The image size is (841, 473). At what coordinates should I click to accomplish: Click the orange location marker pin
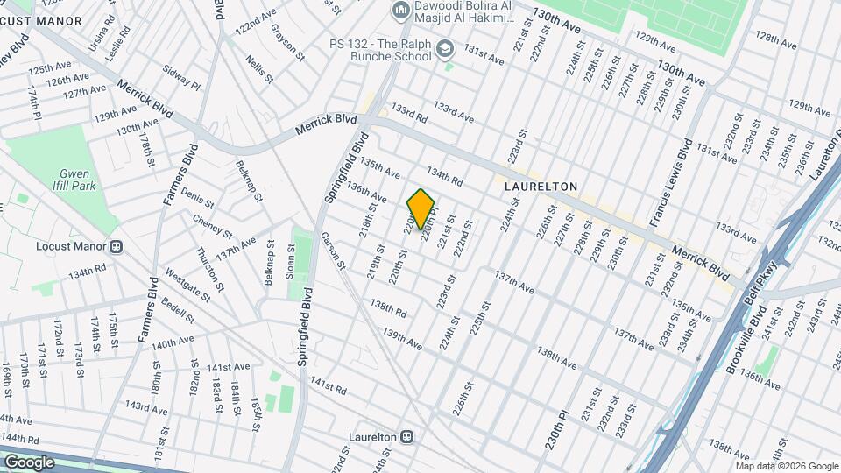coord(420,208)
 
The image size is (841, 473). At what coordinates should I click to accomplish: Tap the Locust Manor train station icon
coord(117,246)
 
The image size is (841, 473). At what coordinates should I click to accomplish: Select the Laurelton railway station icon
coord(407,436)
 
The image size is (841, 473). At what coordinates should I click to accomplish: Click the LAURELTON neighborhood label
coord(541,187)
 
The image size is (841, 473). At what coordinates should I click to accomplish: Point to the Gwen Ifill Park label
coord(76,180)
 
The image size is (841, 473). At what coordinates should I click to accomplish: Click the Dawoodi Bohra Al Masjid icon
coord(401,11)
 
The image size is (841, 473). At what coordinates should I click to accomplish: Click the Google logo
coord(29,462)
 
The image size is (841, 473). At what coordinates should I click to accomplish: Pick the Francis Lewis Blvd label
coord(672,182)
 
